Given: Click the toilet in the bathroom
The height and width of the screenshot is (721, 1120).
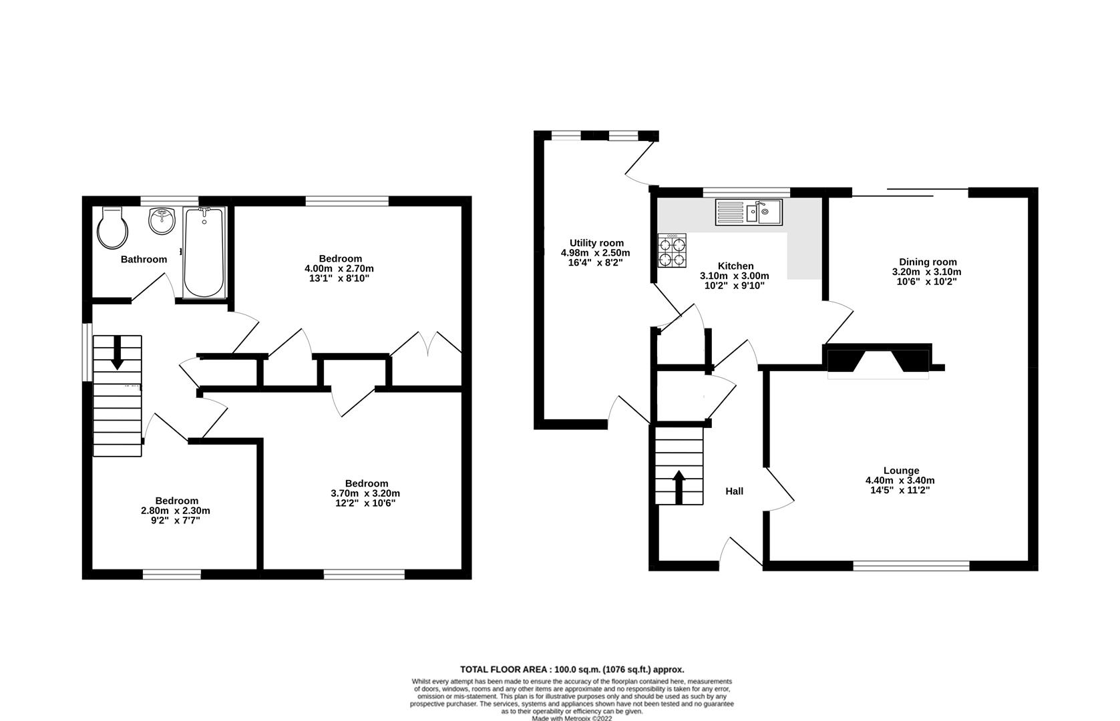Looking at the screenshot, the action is [112, 228].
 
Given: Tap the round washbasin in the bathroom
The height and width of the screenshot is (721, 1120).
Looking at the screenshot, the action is [162, 221].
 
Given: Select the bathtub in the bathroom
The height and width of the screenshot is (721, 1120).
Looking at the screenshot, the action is [204, 253].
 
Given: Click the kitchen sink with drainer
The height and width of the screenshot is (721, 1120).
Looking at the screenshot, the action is [749, 212].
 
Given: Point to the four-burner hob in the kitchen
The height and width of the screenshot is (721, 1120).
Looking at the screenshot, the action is [672, 250].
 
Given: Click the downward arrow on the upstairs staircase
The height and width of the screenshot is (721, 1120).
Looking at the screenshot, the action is [117, 352].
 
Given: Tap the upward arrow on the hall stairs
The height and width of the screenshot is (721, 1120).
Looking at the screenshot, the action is [679, 487].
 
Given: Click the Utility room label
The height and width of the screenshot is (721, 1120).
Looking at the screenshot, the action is [596, 243].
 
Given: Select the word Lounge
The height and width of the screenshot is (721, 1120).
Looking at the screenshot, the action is [901, 470].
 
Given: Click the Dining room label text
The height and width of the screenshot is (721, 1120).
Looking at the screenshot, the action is [928, 262].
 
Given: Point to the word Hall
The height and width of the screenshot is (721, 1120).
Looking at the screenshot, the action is [734, 491].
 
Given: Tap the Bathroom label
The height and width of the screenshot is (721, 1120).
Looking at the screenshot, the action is [144, 259].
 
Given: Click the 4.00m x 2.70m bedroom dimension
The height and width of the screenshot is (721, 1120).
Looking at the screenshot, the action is [339, 268].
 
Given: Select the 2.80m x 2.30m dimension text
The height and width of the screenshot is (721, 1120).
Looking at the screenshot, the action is [176, 511].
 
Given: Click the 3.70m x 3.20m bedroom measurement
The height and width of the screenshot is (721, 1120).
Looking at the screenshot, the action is [365, 493].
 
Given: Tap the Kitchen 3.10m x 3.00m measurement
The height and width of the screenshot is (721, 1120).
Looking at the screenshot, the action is [735, 276].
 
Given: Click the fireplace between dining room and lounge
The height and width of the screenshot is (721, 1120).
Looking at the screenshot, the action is [878, 360].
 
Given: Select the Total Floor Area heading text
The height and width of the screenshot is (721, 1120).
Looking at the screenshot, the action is [572, 670].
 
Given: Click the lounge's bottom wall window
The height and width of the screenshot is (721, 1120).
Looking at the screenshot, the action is [911, 565].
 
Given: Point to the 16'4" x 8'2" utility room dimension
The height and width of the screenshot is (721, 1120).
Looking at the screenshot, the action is [596, 263].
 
